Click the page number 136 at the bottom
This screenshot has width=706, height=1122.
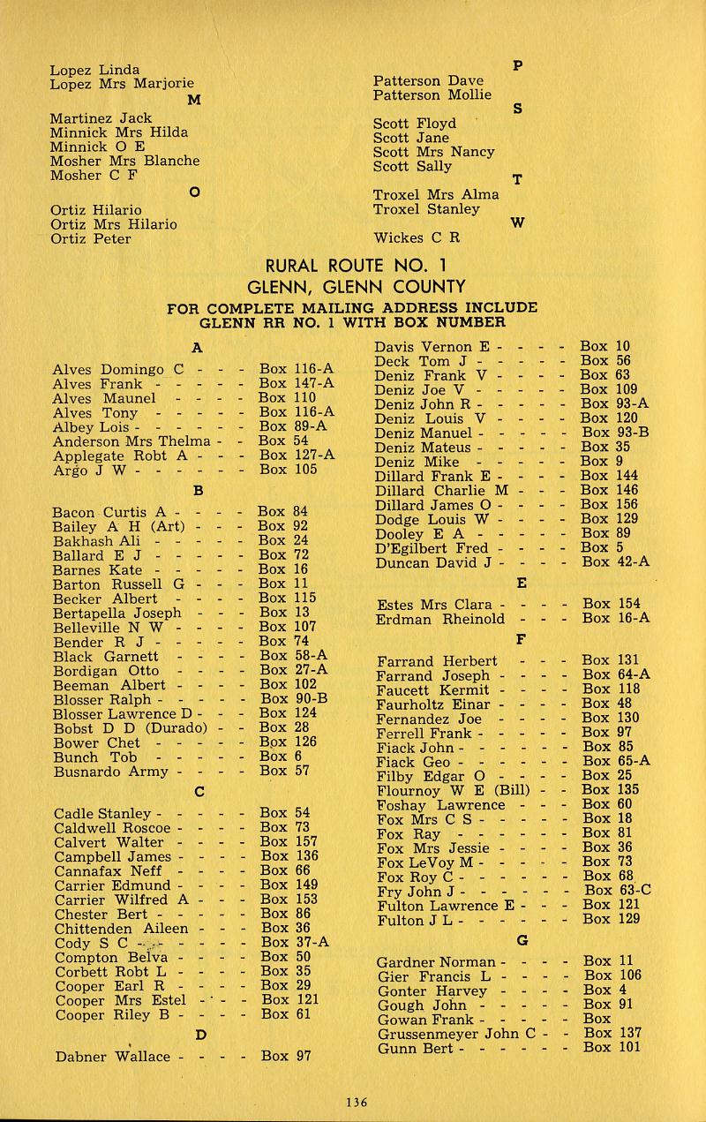356,1101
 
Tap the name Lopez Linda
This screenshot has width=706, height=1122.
94,69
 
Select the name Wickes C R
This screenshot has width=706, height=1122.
417,237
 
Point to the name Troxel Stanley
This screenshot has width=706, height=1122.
426,209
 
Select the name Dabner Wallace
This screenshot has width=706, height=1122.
112,1056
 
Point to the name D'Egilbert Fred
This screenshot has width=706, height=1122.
432,547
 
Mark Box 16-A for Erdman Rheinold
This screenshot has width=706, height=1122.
616,618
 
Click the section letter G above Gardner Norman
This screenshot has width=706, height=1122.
522,939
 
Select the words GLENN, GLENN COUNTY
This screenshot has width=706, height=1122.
356,287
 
